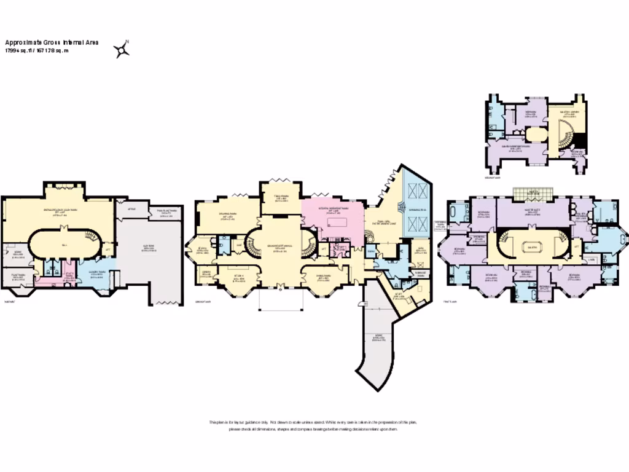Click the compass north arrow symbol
click(122, 49)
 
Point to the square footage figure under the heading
click(37, 51)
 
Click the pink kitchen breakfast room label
click(335, 209)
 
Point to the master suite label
click(532, 210)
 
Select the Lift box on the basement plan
click(108, 249)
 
